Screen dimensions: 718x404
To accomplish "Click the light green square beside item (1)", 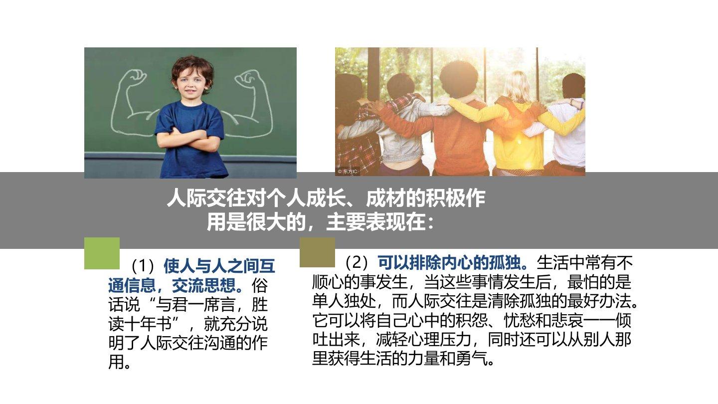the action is click(x=102, y=253).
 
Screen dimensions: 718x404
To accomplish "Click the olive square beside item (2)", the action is click(x=317, y=252).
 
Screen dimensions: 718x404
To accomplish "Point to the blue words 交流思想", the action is click(x=204, y=285).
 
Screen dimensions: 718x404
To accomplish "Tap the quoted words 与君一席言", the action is click(x=195, y=305).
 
